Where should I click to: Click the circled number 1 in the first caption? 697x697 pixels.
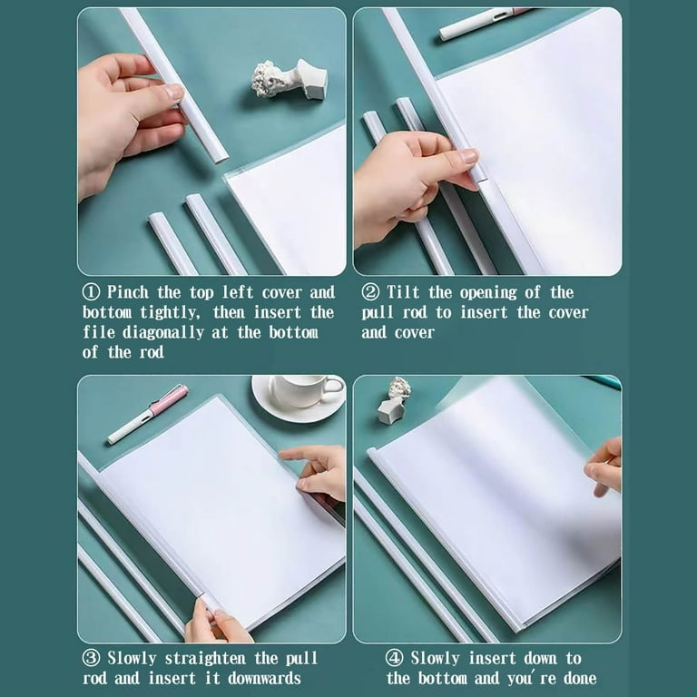tap(91, 292)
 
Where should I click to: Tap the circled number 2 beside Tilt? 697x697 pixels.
tap(370, 292)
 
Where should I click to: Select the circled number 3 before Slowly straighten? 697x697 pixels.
tap(91, 658)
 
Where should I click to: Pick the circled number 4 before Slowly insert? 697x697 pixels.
tap(394, 658)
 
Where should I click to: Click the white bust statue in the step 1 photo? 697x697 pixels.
tap(290, 80)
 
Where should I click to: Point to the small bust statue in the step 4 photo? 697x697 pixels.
tap(394, 400)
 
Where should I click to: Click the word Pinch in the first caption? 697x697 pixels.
tap(128, 292)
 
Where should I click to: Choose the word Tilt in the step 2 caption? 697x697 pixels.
tap(403, 292)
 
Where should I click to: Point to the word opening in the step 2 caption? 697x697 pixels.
tap(488, 293)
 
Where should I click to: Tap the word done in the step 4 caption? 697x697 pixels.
tap(580, 678)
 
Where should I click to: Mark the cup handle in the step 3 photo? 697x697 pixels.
tap(333, 387)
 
